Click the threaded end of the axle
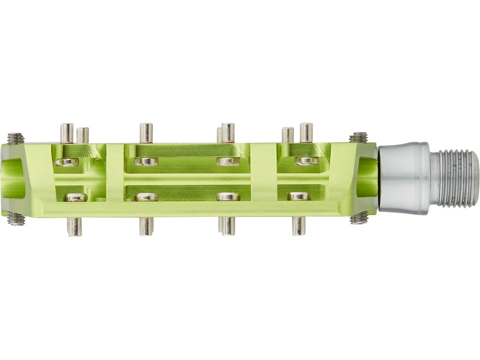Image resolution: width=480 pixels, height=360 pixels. click(458, 179)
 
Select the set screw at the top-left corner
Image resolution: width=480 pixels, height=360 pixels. click(15, 139)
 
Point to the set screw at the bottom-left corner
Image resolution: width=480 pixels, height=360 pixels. click(16, 218)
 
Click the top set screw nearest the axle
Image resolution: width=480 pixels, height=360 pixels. click(358, 138)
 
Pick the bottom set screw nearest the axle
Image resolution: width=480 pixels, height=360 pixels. click(359, 218)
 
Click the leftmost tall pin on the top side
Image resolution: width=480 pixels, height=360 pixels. click(67, 133)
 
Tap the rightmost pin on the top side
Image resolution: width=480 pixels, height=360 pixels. click(306, 132)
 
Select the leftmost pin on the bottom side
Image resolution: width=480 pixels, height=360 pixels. click(74, 227)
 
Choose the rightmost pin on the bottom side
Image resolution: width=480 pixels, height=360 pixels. click(298, 226)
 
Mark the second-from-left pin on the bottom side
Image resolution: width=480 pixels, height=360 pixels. click(146, 226)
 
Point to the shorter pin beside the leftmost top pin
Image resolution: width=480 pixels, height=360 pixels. click(82, 135)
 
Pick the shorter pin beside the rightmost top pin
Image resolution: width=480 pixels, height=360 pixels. click(288, 135)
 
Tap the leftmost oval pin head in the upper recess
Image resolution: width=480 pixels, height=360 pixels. click(67, 162)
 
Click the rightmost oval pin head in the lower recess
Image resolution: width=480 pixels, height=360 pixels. click(299, 196)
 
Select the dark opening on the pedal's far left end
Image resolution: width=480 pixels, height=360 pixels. click(13, 178)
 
